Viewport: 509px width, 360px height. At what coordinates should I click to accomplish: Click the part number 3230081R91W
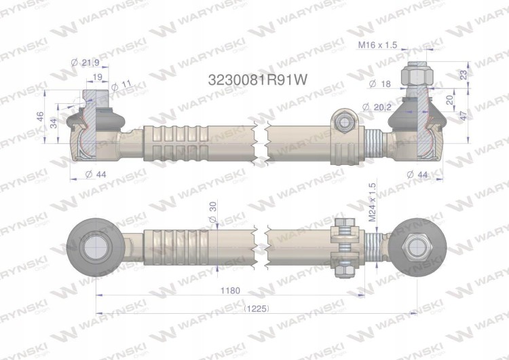tap(257, 79)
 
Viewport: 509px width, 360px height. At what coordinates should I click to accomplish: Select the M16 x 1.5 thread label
tap(377, 45)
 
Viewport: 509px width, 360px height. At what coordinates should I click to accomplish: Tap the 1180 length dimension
tap(230, 290)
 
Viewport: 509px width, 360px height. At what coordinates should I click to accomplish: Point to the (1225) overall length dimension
tap(257, 308)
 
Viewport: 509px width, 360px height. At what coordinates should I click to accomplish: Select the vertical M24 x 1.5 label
tap(372, 202)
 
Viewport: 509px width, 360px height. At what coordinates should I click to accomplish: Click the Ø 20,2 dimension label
tap(377, 107)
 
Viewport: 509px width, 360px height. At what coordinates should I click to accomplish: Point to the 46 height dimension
tap(39, 116)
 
